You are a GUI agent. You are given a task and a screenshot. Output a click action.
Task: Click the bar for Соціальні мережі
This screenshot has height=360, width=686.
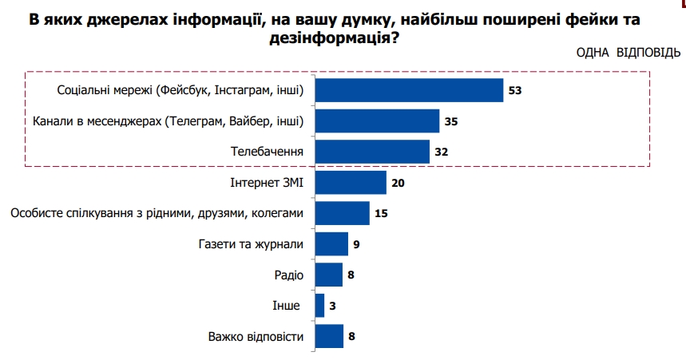[409, 90]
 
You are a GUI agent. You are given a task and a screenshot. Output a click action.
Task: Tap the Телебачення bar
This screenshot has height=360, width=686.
[372, 152]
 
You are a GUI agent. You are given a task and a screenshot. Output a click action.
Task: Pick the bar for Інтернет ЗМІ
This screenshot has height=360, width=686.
[351, 183]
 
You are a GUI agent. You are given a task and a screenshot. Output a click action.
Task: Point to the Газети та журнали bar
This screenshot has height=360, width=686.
[331, 244]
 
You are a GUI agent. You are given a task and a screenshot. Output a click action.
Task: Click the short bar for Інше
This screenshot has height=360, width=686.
[319, 306]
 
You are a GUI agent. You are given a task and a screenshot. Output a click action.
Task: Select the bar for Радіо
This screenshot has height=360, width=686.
[329, 275]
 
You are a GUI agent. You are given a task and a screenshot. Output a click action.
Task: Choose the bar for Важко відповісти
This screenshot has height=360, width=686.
[329, 336]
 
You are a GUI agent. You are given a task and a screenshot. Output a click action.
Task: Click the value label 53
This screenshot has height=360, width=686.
[514, 91]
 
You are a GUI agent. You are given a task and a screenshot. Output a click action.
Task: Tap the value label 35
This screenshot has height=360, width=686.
[451, 121]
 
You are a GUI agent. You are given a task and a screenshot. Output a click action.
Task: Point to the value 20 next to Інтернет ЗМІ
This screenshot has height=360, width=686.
[399, 183]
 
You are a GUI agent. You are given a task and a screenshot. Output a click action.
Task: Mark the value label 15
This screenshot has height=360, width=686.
[382, 213]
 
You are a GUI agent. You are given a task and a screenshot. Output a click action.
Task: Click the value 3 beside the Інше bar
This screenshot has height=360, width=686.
[333, 306]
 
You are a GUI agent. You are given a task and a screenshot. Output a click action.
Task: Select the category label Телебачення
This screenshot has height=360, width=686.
[268, 152]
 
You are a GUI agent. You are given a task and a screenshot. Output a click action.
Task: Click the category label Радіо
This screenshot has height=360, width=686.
[288, 275]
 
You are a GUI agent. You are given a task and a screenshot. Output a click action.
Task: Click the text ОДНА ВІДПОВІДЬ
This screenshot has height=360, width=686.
[628, 53]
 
